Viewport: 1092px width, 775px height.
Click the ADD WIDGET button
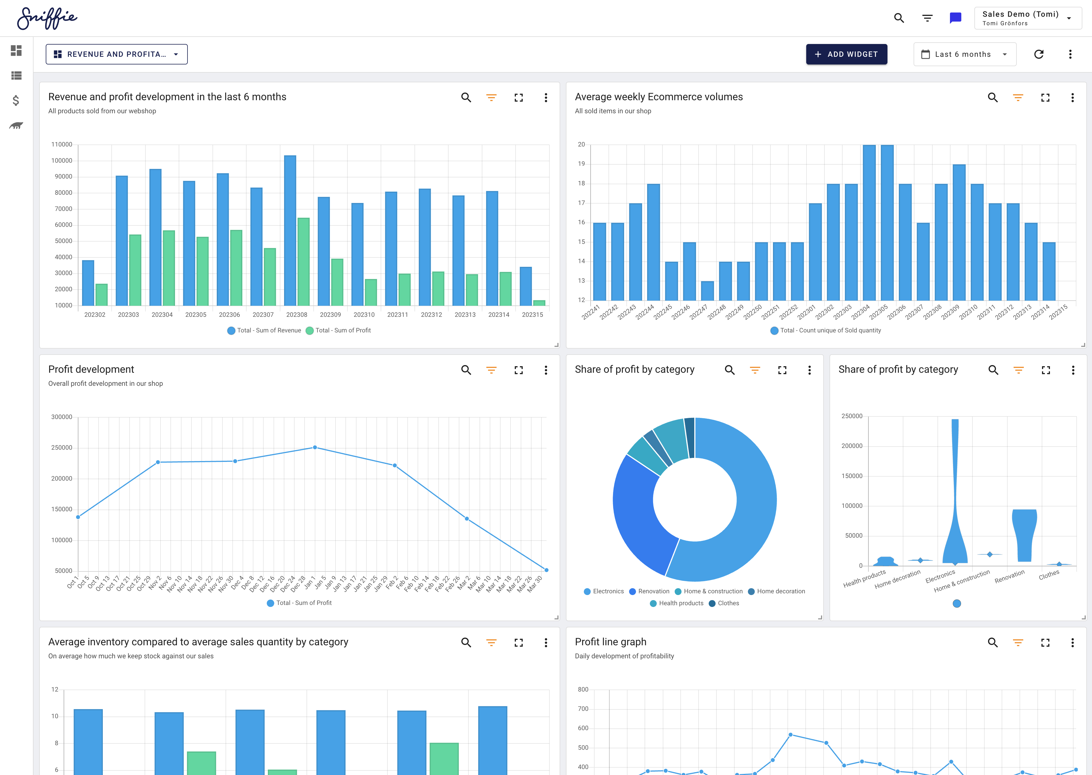point(846,55)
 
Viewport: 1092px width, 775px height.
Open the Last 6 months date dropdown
point(964,55)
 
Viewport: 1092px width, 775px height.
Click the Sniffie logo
point(47,18)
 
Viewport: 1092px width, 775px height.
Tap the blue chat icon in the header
point(955,18)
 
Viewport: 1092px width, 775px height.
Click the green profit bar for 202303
point(135,270)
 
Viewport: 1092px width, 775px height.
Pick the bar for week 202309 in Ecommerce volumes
point(959,232)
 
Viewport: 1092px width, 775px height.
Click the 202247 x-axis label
point(698,312)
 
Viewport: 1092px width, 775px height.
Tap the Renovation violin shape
point(1024,535)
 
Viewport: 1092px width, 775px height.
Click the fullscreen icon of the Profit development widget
point(518,370)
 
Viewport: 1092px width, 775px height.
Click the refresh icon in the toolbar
point(1039,55)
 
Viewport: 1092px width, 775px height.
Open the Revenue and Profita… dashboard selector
point(116,55)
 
